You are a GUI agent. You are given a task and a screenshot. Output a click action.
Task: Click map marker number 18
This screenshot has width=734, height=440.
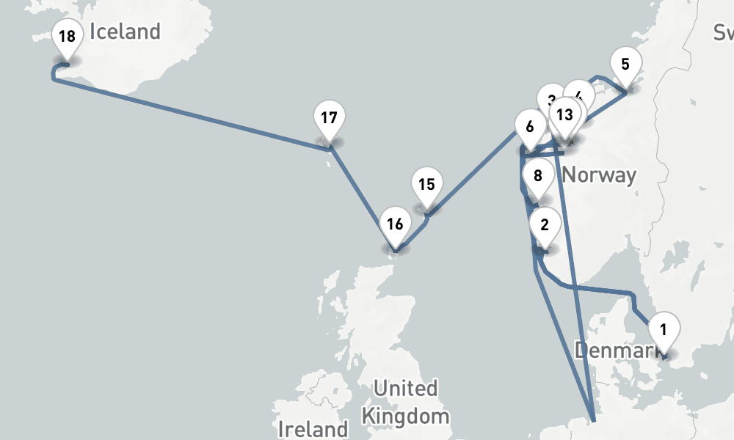pyautogui.click(x=67, y=37)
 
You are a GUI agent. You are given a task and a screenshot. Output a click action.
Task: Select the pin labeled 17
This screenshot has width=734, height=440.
pyautogui.click(x=330, y=117)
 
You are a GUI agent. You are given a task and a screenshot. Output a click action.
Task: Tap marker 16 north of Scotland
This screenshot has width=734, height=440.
pyautogui.click(x=395, y=224)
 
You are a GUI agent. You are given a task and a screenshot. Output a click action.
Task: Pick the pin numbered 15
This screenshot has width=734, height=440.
pyautogui.click(x=427, y=185)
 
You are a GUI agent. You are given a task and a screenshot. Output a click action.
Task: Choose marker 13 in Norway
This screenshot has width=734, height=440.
pyautogui.click(x=564, y=115)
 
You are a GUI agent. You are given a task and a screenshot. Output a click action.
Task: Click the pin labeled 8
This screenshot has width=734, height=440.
pyautogui.click(x=538, y=176)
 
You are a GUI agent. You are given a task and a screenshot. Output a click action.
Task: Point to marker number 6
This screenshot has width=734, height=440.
pyautogui.click(x=530, y=126)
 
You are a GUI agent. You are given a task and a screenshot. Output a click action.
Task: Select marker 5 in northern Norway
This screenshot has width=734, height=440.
pyautogui.click(x=625, y=64)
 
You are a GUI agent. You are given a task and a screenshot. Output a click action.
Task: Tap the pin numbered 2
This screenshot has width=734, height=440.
pyautogui.click(x=545, y=225)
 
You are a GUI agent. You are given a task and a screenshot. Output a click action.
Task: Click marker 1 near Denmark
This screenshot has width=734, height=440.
pyautogui.click(x=664, y=329)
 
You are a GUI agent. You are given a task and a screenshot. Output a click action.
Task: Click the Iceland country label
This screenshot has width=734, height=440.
pyautogui.click(x=125, y=32)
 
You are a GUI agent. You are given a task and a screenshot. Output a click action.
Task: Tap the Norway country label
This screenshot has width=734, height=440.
pyautogui.click(x=599, y=176)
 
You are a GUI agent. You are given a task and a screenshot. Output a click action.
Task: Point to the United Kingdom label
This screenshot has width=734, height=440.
pyautogui.click(x=406, y=402)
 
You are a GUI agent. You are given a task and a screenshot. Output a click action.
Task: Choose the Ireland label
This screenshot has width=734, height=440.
pyautogui.click(x=313, y=428)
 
